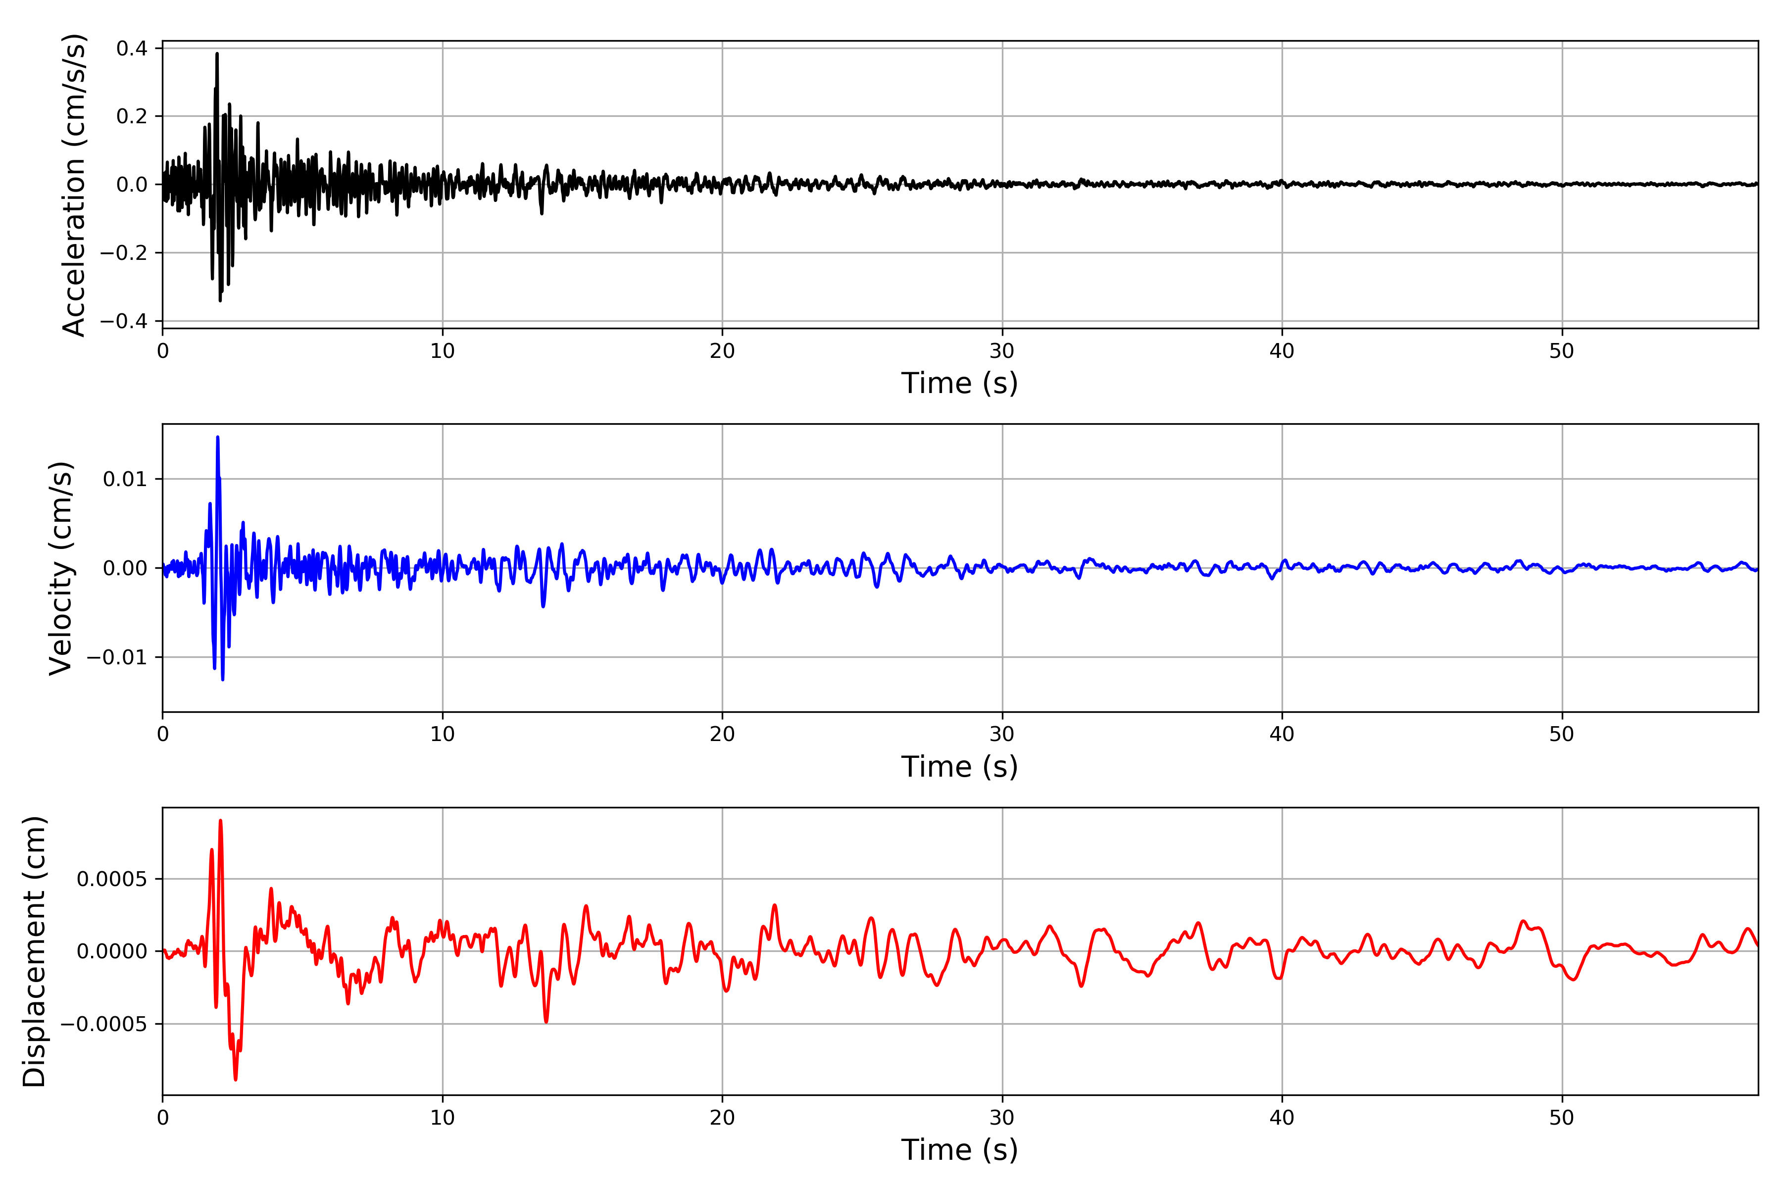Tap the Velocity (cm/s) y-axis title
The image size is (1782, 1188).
coord(60,568)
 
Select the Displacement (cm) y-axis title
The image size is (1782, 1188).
coord(34,951)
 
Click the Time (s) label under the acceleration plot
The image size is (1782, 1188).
coord(959,383)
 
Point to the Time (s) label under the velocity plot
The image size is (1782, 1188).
coord(959,767)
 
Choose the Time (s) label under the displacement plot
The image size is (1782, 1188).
coord(959,1150)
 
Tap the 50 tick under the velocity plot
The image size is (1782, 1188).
coord(1562,734)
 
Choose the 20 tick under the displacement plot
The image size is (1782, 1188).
coord(722,1118)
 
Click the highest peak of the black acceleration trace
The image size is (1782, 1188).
coord(217,54)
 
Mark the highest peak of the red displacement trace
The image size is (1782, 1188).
coord(220,821)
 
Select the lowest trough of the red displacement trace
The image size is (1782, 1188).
coord(236,1079)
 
